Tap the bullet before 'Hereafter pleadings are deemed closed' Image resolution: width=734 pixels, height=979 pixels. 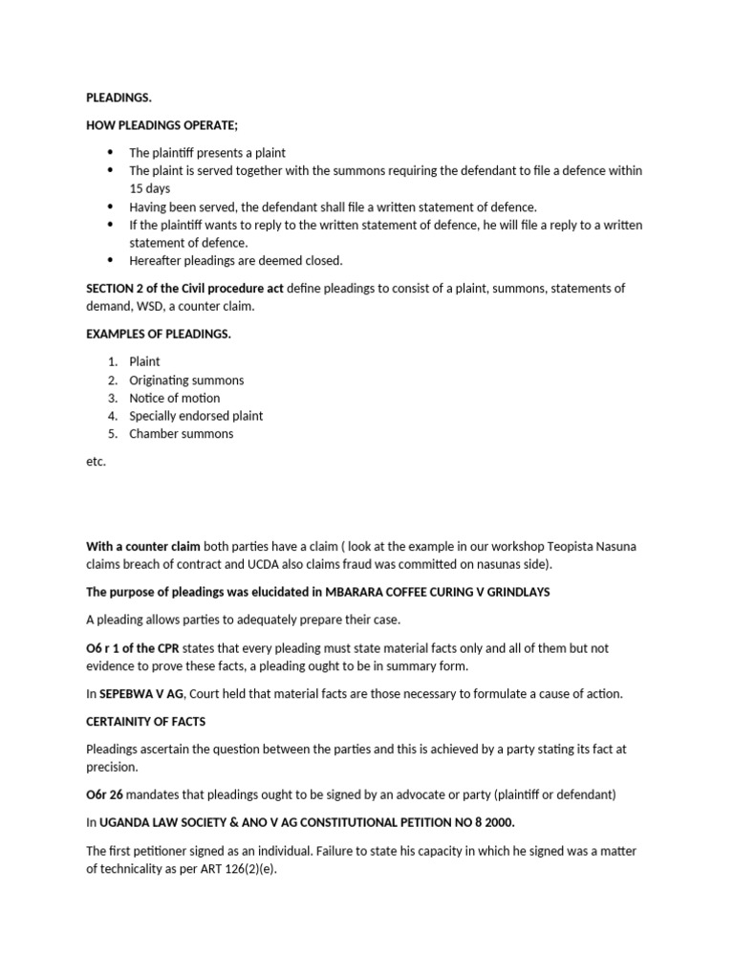[110, 260]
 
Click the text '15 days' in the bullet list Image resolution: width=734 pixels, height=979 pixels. [150, 188]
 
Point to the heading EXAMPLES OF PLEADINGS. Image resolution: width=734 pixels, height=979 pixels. [159, 334]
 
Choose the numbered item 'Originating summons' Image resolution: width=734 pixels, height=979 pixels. [186, 380]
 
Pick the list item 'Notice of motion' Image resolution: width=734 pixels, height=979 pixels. [175, 398]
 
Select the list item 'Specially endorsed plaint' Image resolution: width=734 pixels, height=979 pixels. [196, 416]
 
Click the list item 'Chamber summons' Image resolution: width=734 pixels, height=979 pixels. [182, 433]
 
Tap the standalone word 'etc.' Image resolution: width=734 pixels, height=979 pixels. [96, 462]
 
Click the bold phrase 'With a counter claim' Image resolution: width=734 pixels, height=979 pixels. [143, 546]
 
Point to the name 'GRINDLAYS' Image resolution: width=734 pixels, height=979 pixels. [516, 592]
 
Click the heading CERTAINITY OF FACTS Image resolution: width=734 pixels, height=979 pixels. [146, 722]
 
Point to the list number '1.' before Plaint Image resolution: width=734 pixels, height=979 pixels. [113, 361]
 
